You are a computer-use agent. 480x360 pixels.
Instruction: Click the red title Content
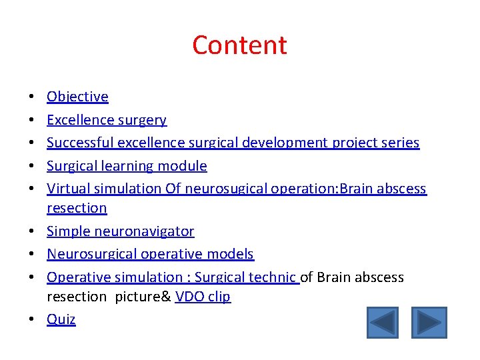239,45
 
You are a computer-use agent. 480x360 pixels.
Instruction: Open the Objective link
77,97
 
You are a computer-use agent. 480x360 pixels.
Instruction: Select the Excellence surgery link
107,120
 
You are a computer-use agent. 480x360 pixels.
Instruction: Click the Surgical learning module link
127,166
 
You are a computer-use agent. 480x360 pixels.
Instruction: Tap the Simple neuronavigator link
120,231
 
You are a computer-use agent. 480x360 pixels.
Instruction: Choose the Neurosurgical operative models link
150,254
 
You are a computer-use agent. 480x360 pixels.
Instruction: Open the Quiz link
61,320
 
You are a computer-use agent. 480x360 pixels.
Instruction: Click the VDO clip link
203,297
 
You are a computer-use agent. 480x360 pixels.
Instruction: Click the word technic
273,277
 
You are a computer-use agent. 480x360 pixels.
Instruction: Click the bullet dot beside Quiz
33,320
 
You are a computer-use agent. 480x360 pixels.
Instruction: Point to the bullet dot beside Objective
33,97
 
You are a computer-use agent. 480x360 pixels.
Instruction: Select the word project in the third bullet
353,143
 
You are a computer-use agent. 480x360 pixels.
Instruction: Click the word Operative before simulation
75,277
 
